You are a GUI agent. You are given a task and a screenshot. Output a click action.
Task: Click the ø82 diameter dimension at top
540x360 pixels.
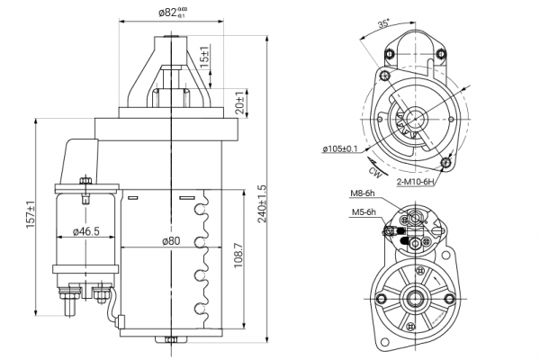(x=173, y=13)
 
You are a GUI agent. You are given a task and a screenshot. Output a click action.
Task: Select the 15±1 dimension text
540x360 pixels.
(x=204, y=56)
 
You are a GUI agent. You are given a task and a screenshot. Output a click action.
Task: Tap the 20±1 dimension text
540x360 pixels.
(x=241, y=103)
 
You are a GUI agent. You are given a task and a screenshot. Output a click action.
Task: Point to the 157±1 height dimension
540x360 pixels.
(x=31, y=214)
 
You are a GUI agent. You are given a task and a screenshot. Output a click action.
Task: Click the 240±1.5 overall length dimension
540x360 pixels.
(x=262, y=203)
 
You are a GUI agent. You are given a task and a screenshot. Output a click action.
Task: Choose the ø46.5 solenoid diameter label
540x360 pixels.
(x=85, y=231)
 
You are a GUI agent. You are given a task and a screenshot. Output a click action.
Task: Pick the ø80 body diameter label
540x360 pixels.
(x=171, y=241)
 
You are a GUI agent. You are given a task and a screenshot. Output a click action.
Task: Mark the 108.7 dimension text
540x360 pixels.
(x=238, y=256)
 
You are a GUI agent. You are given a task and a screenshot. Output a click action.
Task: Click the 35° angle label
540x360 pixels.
(x=383, y=24)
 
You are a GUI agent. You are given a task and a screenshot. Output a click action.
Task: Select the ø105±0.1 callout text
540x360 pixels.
(x=340, y=148)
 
